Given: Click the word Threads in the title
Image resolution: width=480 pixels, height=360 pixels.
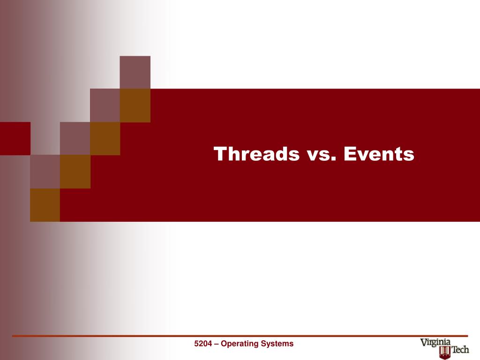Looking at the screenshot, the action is (256, 154).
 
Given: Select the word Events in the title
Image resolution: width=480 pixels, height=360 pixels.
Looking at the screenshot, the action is (379, 154).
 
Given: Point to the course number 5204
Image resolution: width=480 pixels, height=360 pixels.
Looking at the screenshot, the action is (203, 344).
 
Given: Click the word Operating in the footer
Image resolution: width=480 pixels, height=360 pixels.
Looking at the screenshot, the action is (240, 344).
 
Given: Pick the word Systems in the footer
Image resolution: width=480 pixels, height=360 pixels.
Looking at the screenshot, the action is (277, 344).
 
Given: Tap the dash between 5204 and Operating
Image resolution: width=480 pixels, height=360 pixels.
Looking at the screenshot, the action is (217, 344).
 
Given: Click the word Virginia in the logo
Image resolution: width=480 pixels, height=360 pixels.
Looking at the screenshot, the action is (435, 343).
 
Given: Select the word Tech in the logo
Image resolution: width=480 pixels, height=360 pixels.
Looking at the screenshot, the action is (460, 349).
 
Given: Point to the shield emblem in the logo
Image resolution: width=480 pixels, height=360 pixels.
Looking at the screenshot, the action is (445, 353).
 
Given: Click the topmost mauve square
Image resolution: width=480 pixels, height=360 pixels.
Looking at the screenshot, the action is (135, 72).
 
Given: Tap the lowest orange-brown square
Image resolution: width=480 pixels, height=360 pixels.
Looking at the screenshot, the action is (45, 205).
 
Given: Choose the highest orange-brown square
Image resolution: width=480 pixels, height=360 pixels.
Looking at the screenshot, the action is (135, 105).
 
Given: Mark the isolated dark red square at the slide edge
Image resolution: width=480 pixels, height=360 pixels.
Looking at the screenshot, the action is (15, 138).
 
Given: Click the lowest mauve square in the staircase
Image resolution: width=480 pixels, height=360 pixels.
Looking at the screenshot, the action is (45, 172).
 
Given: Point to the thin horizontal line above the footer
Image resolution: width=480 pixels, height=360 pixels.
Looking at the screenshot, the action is (240, 336).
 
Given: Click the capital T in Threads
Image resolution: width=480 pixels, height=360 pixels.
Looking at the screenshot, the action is (221, 154).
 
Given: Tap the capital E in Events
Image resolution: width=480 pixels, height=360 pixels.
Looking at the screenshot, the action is (350, 154).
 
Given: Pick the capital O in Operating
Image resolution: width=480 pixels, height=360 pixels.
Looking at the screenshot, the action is (224, 344).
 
